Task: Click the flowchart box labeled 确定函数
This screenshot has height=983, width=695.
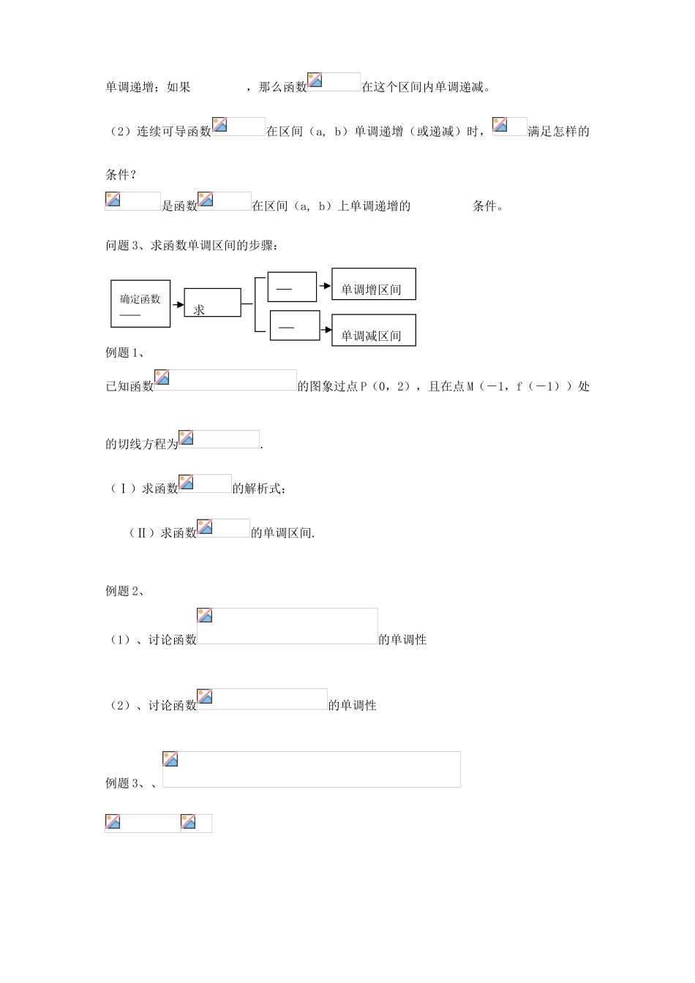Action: tap(140, 304)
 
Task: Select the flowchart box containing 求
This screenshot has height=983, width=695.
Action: tap(212, 303)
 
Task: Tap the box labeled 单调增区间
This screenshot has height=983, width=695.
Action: tap(374, 285)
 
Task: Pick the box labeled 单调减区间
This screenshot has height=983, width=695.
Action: tap(374, 331)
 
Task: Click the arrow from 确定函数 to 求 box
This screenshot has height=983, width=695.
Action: tap(177, 304)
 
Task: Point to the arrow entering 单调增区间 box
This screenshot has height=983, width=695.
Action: tap(325, 286)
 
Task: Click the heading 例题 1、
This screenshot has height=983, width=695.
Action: tap(125, 353)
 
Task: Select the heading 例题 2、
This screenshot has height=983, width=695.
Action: tap(125, 591)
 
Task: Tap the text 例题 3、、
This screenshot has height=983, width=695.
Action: tap(132, 783)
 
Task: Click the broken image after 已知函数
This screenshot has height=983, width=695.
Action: tap(225, 380)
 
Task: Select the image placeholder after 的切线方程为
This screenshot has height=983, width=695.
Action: tap(219, 439)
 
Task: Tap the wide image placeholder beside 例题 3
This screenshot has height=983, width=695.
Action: tap(312, 769)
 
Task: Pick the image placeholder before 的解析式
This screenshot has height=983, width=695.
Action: tap(205, 483)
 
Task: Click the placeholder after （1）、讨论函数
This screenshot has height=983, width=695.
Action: tap(288, 626)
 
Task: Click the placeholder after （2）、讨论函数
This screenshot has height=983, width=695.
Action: tap(262, 699)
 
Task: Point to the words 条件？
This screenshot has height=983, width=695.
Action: tap(121, 175)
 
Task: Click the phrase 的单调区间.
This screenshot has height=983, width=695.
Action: tap(282, 533)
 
